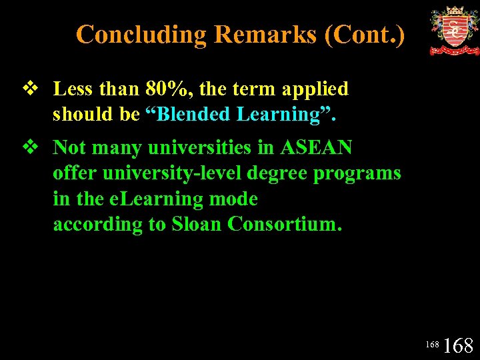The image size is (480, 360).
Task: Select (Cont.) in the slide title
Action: (x=365, y=34)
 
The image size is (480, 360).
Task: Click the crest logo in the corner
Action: (x=454, y=30)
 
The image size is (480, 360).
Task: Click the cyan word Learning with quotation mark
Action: (x=286, y=114)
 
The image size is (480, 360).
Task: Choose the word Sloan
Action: (x=197, y=224)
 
